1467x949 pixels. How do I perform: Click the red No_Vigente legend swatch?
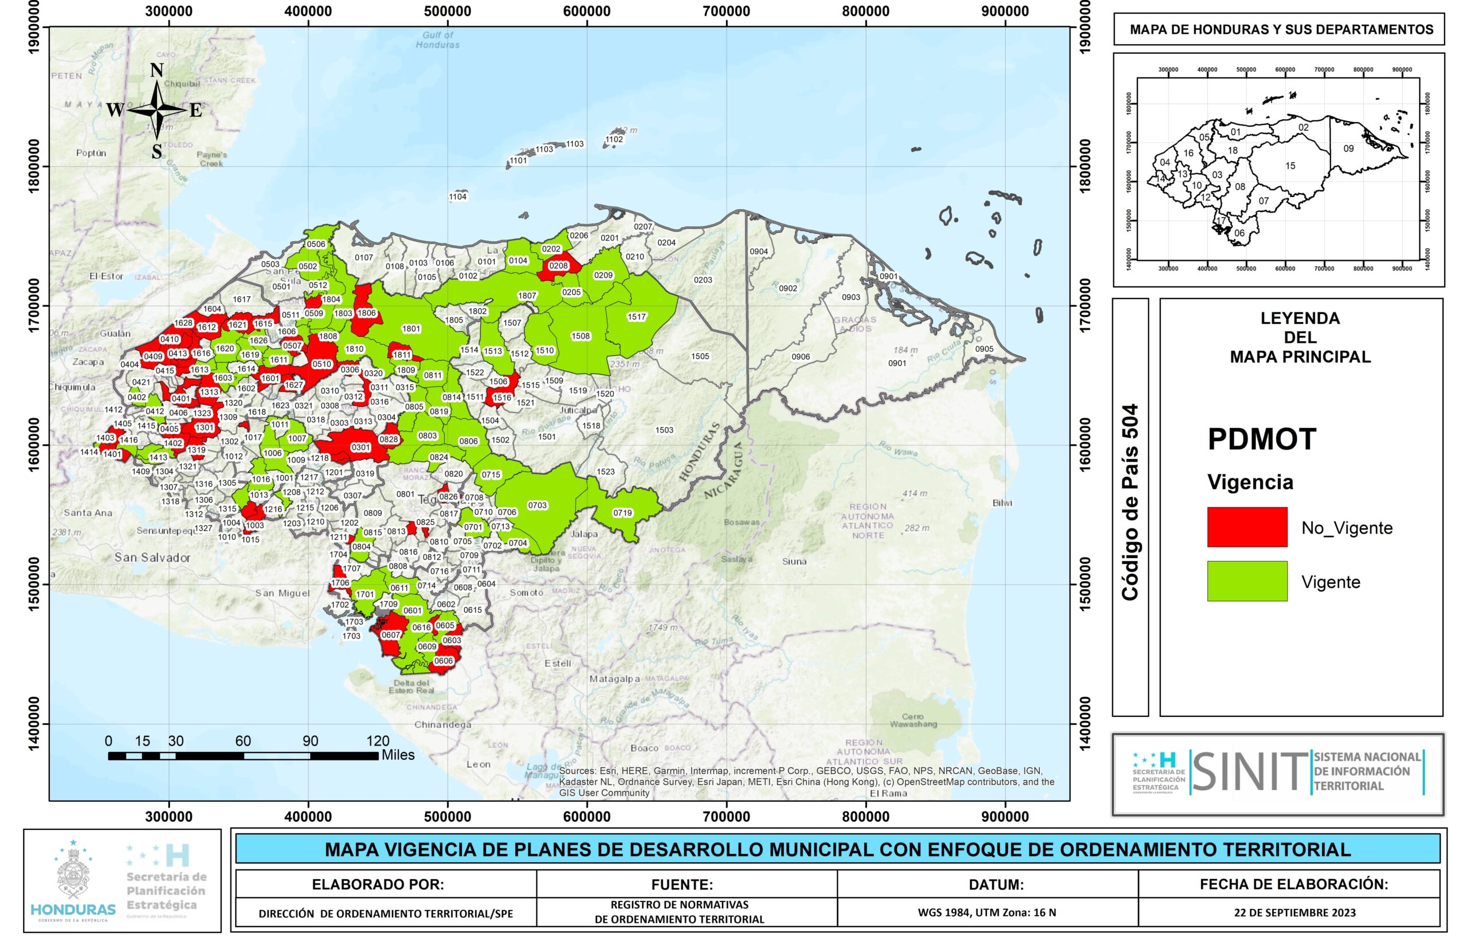coord(1246,527)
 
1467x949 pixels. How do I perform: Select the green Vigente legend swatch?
coord(1246,581)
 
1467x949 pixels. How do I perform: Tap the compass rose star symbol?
coord(157,109)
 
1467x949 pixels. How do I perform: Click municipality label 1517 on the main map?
coord(637,317)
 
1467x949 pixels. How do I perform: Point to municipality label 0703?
coord(538,505)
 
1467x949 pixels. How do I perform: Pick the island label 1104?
coord(458,197)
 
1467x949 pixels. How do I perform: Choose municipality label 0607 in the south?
coord(391,635)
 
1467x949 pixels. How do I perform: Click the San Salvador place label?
coord(152,558)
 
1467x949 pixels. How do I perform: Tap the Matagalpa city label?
coord(614,679)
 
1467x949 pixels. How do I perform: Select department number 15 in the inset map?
coord(1289,166)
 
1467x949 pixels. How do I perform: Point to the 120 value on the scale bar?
coord(378,742)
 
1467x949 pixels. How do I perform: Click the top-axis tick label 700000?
coord(726,11)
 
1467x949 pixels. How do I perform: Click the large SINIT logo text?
coord(1248,772)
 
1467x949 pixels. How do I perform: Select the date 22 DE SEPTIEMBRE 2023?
coord(1295,913)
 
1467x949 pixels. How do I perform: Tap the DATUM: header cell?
coord(995,884)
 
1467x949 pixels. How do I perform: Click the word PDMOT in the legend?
coord(1261,440)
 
